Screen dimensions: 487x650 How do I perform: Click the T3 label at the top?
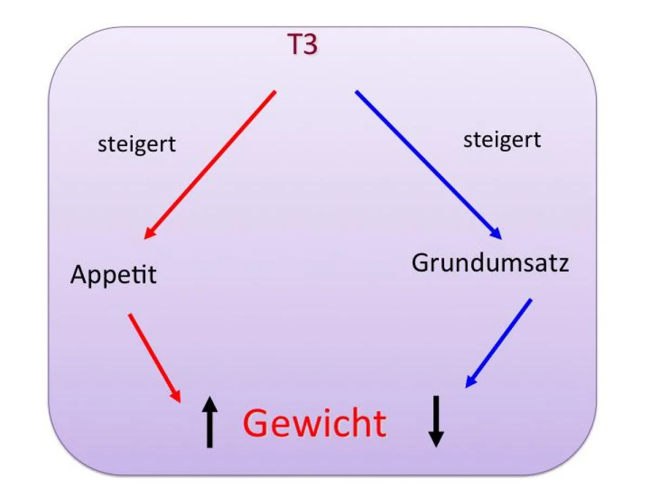click(x=302, y=45)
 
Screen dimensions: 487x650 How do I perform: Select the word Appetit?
click(x=113, y=275)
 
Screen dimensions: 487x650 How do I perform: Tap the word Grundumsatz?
click(x=490, y=264)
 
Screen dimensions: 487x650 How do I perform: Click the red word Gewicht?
click(x=314, y=423)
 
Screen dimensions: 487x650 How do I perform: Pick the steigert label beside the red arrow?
click(x=137, y=145)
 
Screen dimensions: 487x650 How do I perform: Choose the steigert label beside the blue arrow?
click(x=502, y=140)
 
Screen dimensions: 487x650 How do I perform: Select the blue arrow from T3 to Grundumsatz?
click(x=428, y=164)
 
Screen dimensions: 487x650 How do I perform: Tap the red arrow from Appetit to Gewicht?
click(x=154, y=357)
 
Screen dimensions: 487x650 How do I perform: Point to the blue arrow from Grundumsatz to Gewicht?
click(x=499, y=343)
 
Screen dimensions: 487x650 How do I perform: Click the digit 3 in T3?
click(x=310, y=45)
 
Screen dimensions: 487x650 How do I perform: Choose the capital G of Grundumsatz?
click(x=421, y=264)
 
